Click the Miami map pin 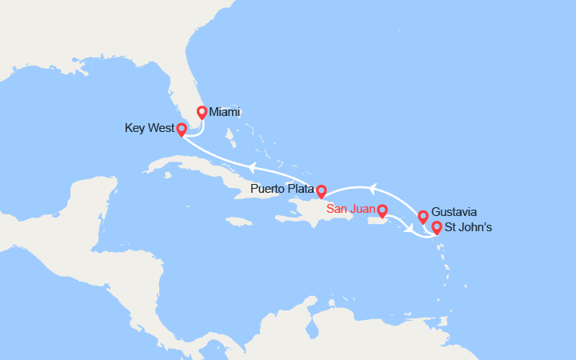point(202,112)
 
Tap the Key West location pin point(182,129)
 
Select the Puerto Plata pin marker point(321,190)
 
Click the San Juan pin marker point(382,211)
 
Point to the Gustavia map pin point(423,216)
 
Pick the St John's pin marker point(437,228)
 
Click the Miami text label point(225,112)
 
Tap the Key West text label point(149,128)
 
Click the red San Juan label point(350,210)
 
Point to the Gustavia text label point(454,212)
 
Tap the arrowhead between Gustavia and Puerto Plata point(371,188)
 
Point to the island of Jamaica point(239,221)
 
